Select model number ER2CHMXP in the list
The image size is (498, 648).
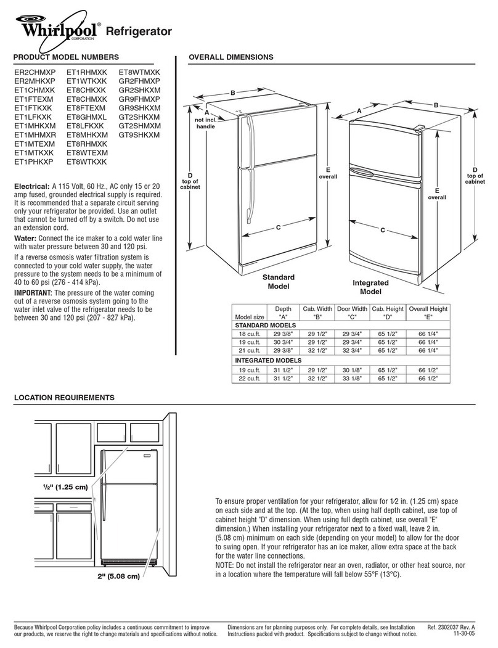[35, 72]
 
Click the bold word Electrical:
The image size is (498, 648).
[32, 186]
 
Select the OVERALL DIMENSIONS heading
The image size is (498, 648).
[231, 57]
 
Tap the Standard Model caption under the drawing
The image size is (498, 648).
[279, 282]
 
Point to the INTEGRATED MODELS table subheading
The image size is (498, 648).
[267, 360]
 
